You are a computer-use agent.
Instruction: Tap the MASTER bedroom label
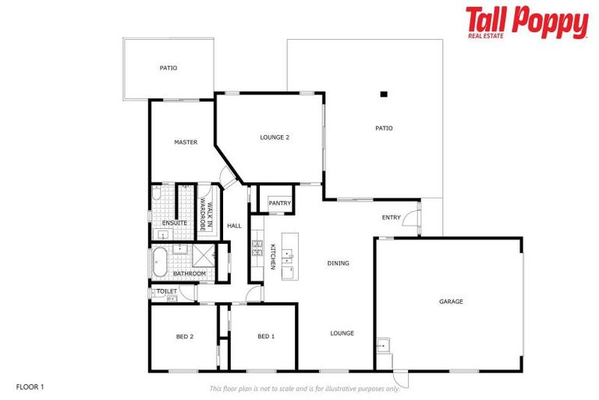(186, 142)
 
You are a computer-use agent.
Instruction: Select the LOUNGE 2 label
(275, 137)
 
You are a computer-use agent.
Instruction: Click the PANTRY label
(279, 204)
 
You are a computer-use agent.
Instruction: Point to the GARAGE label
(451, 302)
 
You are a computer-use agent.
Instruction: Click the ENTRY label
(391, 217)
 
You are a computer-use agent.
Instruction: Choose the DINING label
(338, 263)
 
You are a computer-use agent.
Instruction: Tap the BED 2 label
(185, 337)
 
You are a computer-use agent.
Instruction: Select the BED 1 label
(266, 337)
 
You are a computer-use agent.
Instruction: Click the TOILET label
(166, 291)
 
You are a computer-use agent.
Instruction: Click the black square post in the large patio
(383, 95)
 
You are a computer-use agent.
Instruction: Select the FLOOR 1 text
(31, 387)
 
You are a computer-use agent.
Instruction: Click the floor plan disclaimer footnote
(304, 388)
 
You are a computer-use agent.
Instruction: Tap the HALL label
(235, 227)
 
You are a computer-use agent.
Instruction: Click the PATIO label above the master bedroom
(168, 68)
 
